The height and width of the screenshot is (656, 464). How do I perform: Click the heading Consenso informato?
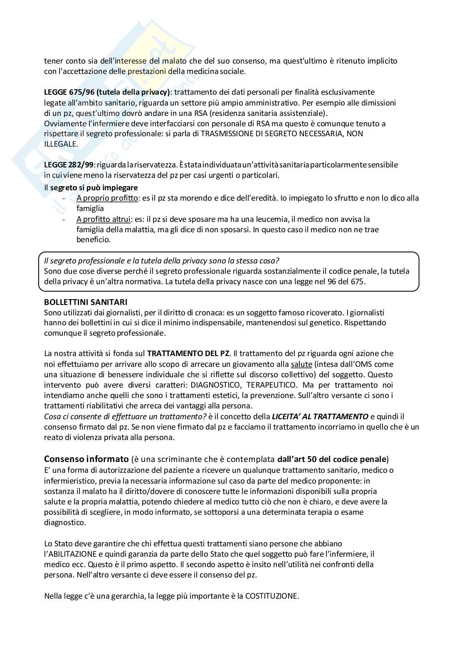[x=86, y=459]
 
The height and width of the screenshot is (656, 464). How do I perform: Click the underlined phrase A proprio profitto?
[x=107, y=198]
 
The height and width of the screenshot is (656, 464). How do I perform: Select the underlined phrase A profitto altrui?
[x=104, y=219]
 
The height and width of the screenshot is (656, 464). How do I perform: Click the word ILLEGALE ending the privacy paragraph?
[x=60, y=144]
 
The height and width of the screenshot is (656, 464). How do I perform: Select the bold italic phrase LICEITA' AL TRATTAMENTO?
[x=320, y=416]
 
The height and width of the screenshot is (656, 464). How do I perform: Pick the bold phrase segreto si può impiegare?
[x=94, y=187]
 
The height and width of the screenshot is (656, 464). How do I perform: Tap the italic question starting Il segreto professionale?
[x=161, y=260]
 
